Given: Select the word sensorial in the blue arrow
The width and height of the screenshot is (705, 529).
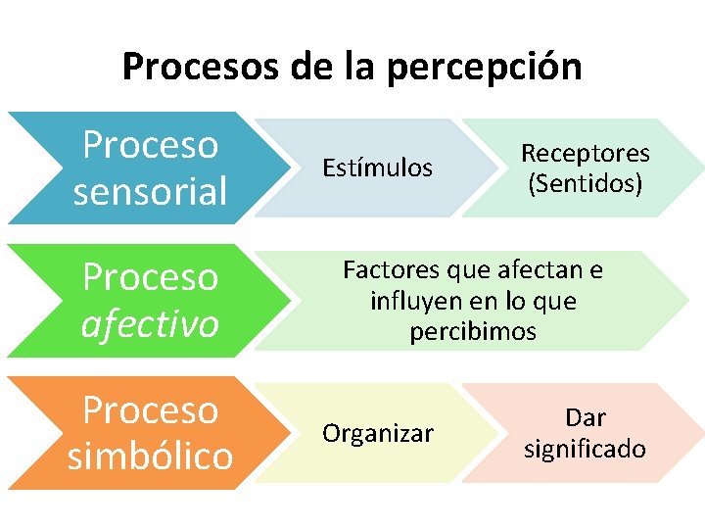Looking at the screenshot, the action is (150, 191).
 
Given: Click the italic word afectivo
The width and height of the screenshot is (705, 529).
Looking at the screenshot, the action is (150, 323).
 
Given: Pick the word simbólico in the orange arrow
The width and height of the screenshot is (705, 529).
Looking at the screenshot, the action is (150, 456).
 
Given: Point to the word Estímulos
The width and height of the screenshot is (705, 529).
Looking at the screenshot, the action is (377, 168).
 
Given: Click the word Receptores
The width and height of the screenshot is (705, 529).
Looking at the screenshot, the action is (585, 153).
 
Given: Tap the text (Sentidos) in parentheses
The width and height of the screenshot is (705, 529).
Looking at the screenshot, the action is (585, 182).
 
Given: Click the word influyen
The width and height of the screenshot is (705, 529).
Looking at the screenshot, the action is (412, 301).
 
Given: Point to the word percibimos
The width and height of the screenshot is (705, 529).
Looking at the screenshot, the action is (473, 332).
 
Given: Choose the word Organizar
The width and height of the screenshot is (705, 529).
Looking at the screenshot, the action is (378, 434).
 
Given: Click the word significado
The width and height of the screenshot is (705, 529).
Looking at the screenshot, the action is (585, 449).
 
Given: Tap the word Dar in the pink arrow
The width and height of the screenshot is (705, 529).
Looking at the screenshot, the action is (586, 418).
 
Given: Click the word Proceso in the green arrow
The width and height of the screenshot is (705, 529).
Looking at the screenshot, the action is (150, 277).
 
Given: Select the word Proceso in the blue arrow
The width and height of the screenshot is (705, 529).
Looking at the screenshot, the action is (150, 145).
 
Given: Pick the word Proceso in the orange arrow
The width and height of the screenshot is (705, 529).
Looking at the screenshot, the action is (150, 409).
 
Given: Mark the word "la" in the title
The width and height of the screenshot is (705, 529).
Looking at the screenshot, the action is (360, 67).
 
